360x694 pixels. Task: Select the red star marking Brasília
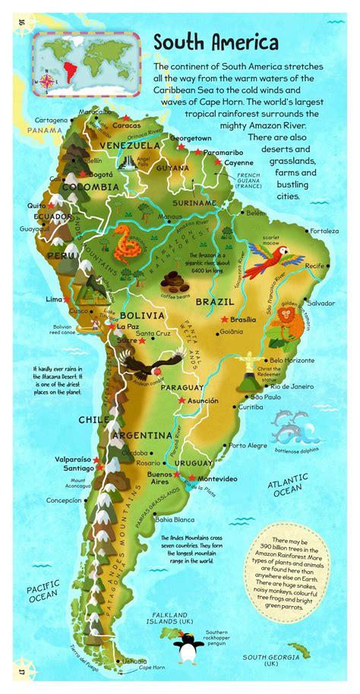pyautogui.click(x=224, y=320)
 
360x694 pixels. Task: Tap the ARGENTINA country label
pyautogui.click(x=142, y=435)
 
